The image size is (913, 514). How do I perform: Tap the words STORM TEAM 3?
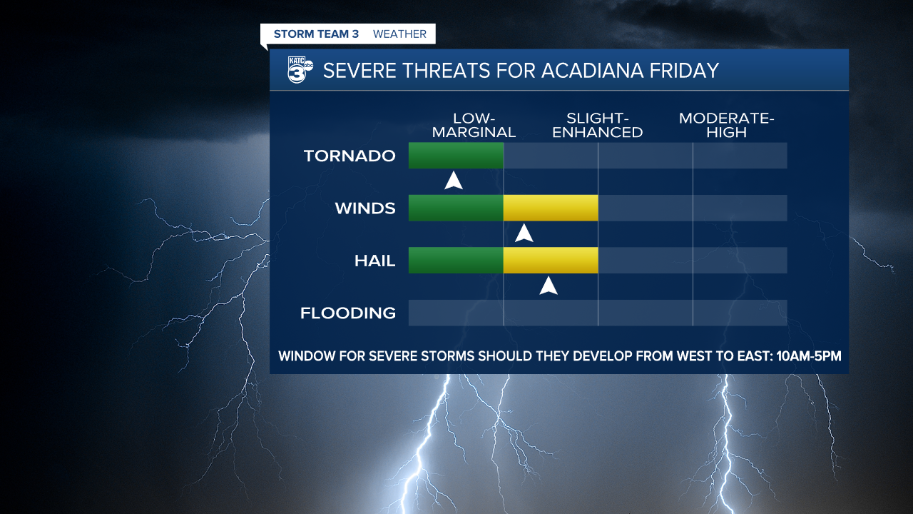coord(316,34)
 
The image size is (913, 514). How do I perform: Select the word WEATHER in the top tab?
coord(399,34)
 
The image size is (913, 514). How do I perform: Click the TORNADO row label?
coord(350,156)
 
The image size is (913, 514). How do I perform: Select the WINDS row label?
coord(365,208)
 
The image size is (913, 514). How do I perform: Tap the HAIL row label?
coord(374,261)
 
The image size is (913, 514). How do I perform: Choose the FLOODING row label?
coord(348,313)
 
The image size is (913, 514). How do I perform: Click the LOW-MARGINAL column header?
coord(474,125)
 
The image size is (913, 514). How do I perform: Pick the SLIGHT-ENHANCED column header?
coord(598,125)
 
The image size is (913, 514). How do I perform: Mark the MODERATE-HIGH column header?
coord(726,125)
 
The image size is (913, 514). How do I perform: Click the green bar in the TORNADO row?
coord(456,156)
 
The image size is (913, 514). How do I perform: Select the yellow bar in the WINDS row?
coord(551,208)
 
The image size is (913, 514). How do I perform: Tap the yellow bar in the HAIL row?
coord(551,261)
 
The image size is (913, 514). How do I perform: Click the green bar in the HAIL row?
coord(456,261)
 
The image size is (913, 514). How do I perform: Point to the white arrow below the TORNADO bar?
coord(454,181)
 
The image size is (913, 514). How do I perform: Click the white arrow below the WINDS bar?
coord(524,233)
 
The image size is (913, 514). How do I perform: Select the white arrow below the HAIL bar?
coord(548,286)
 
